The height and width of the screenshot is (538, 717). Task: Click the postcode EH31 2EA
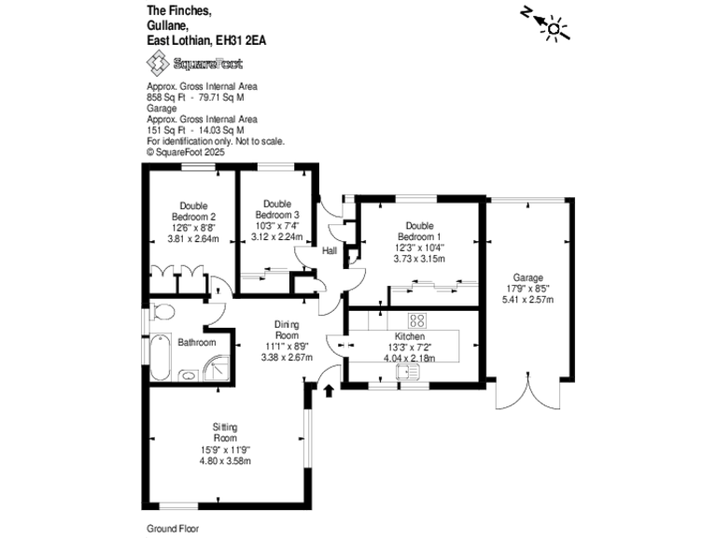coord(246,41)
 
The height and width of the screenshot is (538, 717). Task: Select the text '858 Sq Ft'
coord(166,96)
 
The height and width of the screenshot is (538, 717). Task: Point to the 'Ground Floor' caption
coord(173,528)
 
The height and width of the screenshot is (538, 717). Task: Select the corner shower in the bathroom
coord(216,368)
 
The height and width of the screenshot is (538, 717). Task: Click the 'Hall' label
coord(330,250)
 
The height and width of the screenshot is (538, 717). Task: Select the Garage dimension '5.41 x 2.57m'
coord(527,299)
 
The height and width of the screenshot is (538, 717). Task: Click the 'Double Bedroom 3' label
coord(276,209)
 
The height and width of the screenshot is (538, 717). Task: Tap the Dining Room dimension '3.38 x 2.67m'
coord(287,357)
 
